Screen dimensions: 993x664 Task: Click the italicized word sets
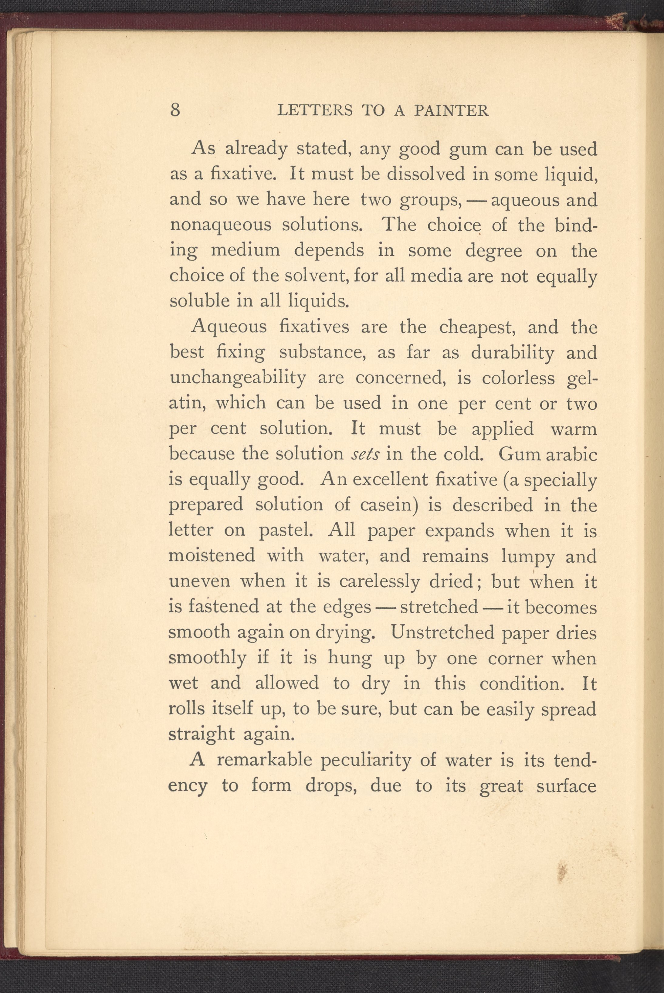tap(365, 454)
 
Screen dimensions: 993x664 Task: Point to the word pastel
tap(286, 530)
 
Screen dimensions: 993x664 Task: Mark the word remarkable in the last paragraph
tap(264, 760)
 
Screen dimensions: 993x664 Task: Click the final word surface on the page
tap(566, 786)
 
